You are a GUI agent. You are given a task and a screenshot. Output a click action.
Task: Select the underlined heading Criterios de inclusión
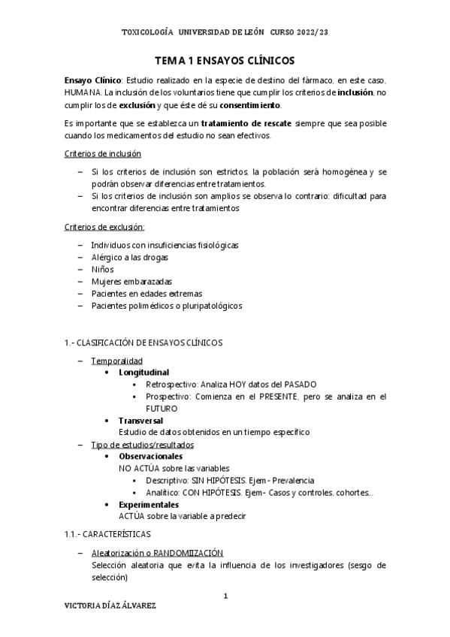click(x=102, y=154)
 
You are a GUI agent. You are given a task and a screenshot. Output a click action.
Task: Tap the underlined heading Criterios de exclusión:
click(x=104, y=227)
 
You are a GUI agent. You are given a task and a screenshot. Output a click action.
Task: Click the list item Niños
click(x=103, y=269)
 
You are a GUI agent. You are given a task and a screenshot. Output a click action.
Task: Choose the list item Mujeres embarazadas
click(x=126, y=281)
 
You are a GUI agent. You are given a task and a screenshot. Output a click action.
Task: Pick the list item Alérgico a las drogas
click(x=129, y=257)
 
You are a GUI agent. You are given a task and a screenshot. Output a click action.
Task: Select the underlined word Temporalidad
click(x=116, y=360)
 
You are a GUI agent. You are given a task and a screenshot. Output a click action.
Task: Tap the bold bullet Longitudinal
click(x=143, y=372)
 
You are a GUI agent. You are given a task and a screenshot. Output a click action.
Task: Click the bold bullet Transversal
click(x=140, y=420)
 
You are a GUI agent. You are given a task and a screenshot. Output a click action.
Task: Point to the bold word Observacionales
click(x=150, y=456)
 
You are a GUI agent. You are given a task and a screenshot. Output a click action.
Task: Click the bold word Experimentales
click(x=149, y=504)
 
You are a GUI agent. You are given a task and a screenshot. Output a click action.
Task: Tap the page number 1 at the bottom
click(x=225, y=596)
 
